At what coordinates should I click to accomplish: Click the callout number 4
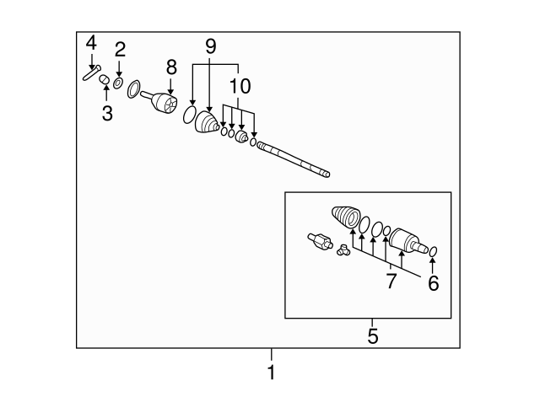91,44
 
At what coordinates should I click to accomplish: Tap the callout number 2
120,50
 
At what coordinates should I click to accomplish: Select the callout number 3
107,113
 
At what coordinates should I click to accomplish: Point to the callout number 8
171,67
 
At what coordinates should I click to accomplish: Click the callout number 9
210,46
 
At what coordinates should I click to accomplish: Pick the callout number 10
240,86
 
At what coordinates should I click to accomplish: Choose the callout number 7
391,281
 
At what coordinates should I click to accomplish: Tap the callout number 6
433,283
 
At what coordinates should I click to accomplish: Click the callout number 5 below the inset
373,335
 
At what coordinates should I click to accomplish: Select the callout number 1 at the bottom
272,372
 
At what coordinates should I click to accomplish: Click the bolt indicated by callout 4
92,72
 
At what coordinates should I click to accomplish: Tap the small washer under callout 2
118,83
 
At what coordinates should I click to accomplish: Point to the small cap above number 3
105,79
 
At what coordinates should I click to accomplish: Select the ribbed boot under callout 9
207,121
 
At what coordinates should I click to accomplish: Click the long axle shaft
294,159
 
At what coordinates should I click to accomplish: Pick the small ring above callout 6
433,251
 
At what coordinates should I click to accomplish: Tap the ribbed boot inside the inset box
346,217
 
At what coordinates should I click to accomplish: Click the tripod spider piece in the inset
343,250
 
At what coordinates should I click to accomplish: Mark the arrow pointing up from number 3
106,93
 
